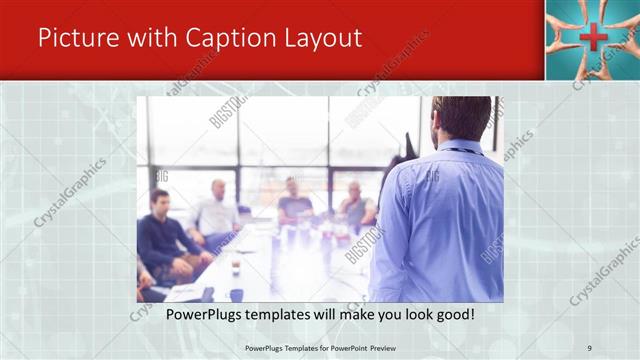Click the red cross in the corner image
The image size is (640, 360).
click(592, 39)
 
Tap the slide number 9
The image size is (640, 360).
click(589, 347)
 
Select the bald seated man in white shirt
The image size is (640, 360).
click(217, 211)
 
